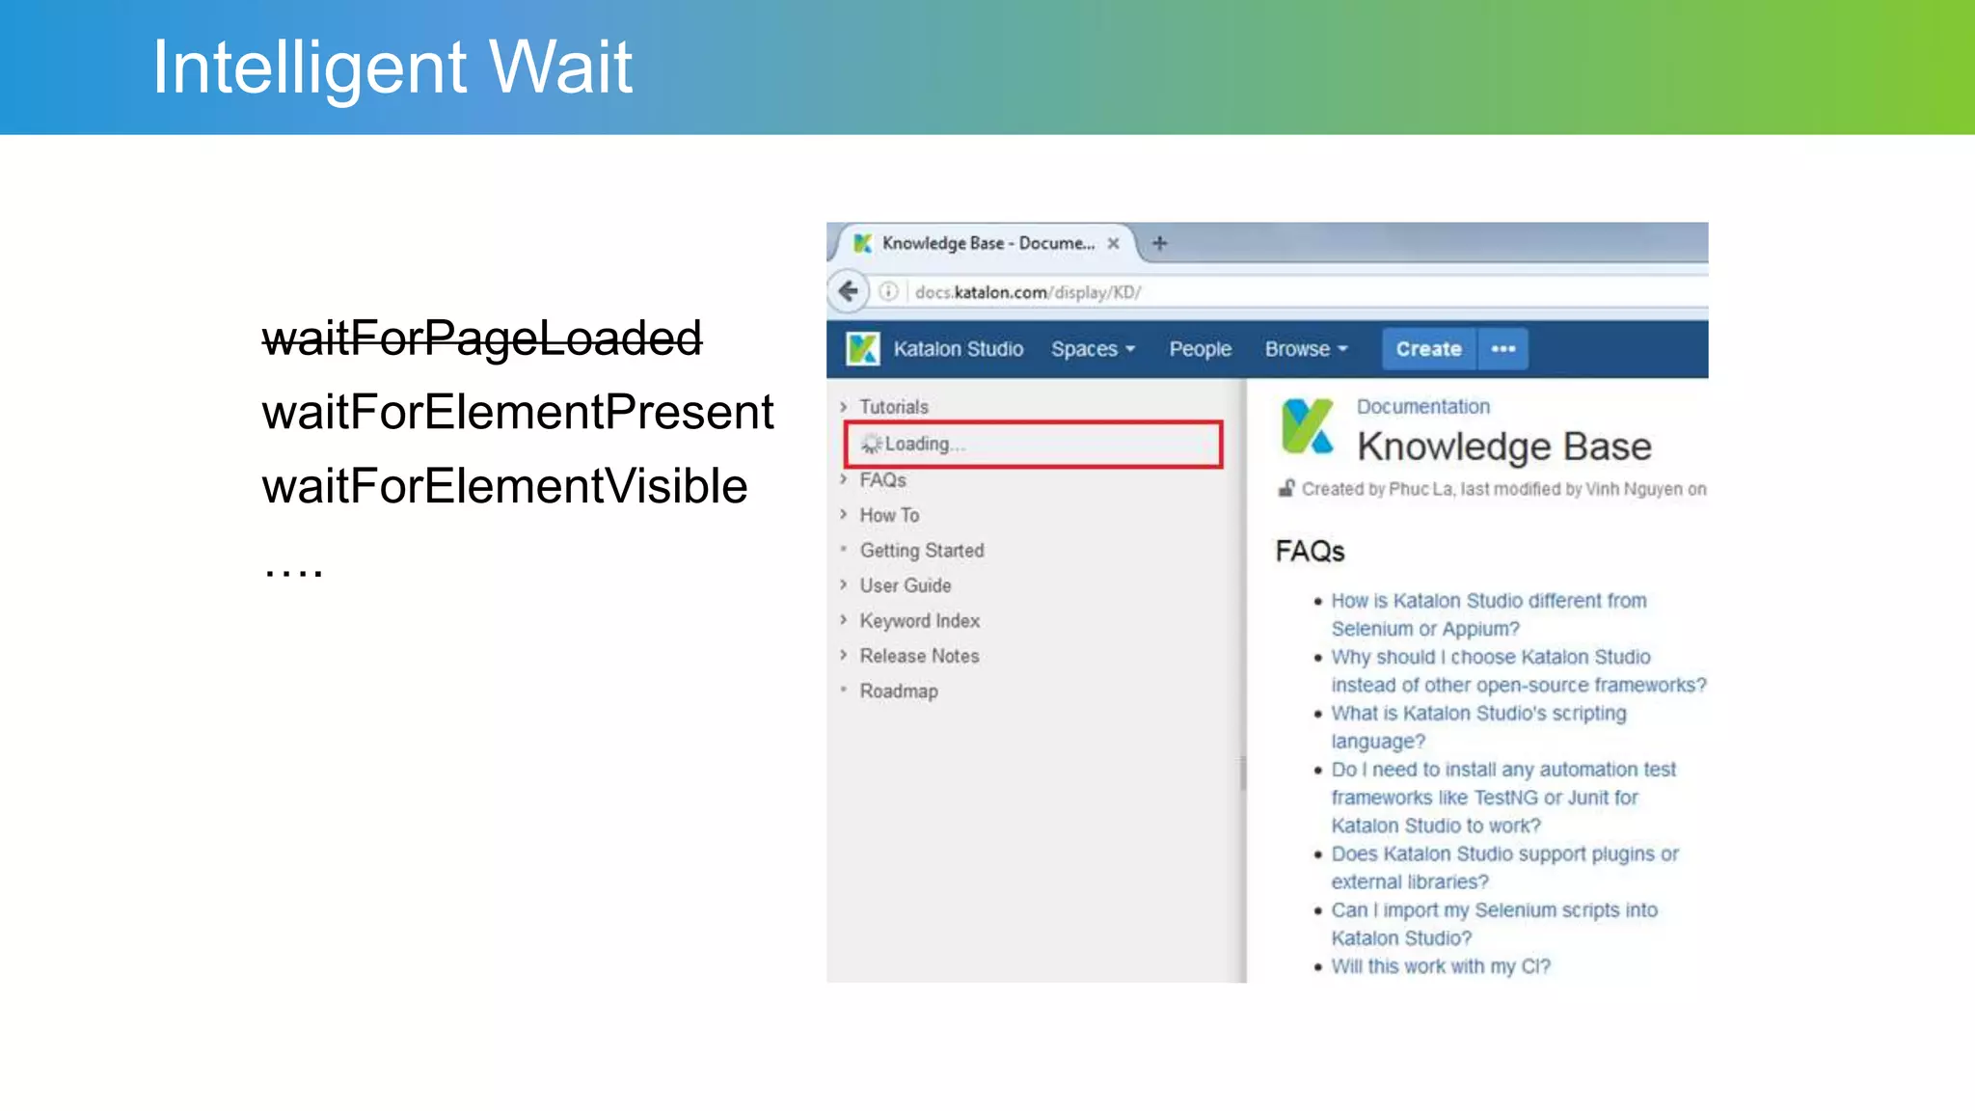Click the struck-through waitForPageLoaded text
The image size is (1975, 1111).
click(481, 339)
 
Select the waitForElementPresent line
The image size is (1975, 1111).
click(517, 413)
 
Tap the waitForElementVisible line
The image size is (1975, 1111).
click(504, 487)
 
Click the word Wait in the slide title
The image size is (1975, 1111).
click(560, 68)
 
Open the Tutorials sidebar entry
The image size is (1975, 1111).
click(893, 407)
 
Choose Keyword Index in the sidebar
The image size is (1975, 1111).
click(919, 621)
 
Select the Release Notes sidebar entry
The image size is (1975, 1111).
click(919, 656)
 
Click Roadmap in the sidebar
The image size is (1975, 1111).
click(898, 691)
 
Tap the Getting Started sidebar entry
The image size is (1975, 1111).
click(921, 551)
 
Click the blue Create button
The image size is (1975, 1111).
click(1428, 349)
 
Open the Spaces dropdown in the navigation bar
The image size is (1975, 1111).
click(1093, 349)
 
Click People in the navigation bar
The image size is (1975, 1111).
click(1200, 349)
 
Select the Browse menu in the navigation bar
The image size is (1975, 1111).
click(1306, 349)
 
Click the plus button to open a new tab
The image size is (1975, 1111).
click(1160, 243)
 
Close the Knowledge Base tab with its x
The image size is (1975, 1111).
click(1113, 243)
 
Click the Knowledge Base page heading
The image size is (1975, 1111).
click(1503, 447)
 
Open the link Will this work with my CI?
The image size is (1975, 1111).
click(1441, 966)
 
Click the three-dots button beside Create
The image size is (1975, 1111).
click(1503, 349)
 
